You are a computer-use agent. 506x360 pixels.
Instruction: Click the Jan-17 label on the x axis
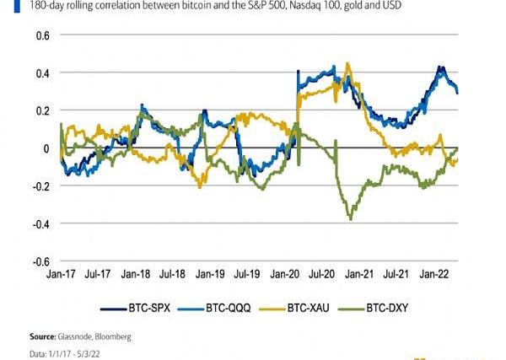click(x=62, y=275)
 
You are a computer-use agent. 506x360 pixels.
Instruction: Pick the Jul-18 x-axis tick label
click(x=174, y=275)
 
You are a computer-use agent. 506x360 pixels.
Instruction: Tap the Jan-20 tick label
click(x=285, y=275)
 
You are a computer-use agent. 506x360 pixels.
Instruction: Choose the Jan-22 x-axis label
click(x=434, y=275)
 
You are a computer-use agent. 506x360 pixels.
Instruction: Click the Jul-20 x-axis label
click(x=323, y=275)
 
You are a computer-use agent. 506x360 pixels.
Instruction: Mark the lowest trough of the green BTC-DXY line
click(x=350, y=219)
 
